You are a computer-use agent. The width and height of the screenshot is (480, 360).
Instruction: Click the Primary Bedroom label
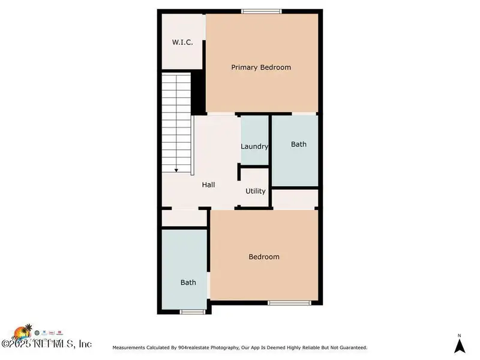pos(261,67)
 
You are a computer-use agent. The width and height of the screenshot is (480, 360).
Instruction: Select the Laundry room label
pos(254,146)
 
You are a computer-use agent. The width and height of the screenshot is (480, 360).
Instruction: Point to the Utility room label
pos(256,191)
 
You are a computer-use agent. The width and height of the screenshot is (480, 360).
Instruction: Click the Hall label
pos(208,185)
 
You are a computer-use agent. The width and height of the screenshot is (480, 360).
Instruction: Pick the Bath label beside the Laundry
pos(299,144)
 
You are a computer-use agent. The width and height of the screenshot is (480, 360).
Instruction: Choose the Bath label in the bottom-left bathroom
pos(188,282)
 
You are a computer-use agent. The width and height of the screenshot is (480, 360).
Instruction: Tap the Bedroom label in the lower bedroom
pos(264,257)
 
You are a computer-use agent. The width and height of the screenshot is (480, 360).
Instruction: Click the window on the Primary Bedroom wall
pos(262,11)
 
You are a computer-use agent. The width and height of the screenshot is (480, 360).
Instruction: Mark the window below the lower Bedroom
pos(290,302)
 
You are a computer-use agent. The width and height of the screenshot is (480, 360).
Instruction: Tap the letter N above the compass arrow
pos(459,335)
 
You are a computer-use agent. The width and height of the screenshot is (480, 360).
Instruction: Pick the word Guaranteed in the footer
pos(349,347)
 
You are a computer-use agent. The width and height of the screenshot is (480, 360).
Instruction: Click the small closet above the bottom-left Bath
pos(184,218)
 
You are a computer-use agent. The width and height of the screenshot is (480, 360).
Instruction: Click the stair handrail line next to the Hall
pos(193,145)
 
